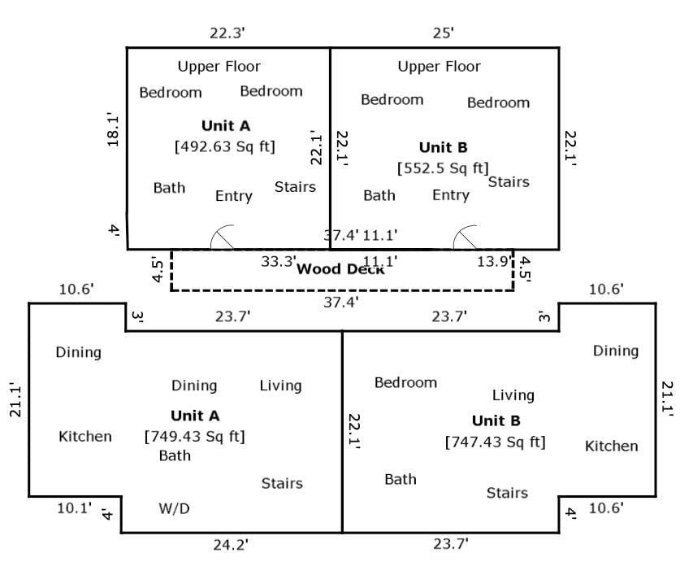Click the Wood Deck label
340,269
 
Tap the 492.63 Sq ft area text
225,146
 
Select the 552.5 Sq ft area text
443,168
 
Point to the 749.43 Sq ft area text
194,437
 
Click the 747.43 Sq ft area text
496,442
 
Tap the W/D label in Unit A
174,508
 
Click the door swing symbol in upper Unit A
222,237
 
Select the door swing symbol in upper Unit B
465,237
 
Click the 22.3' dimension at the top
227,33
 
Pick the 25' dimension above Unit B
444,33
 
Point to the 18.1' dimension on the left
113,131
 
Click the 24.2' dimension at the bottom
231,545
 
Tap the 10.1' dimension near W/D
74,508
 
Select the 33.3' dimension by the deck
279,261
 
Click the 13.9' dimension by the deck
494,261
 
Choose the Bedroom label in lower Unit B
405,382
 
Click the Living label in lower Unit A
280,386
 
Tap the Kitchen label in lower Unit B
611,446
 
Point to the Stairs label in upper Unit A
295,187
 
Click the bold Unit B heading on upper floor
444,147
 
